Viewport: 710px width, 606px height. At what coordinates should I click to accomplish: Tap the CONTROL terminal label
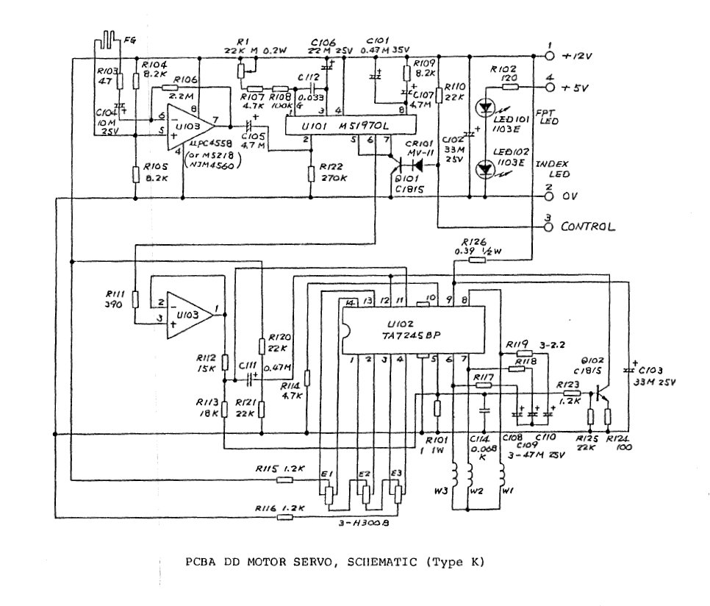click(588, 227)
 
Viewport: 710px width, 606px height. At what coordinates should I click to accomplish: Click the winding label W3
click(440, 488)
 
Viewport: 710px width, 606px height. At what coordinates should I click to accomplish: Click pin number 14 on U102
click(351, 303)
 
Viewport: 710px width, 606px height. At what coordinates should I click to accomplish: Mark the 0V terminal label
click(571, 197)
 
